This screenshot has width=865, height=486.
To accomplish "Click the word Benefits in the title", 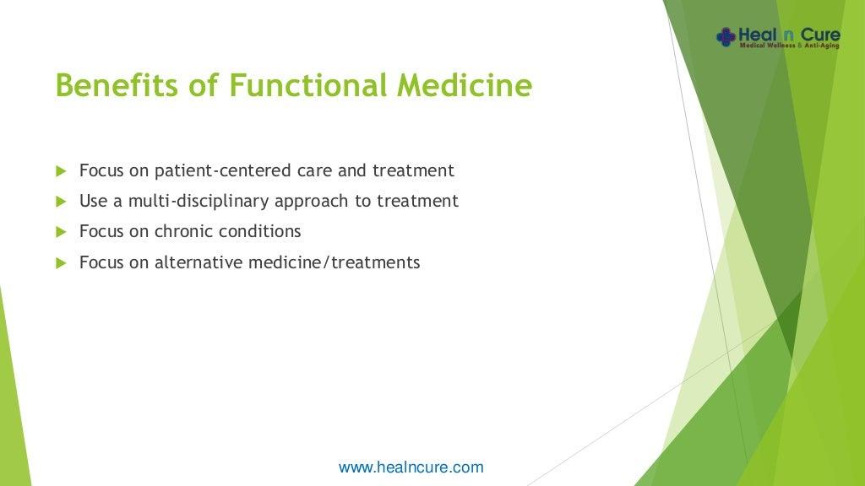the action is click(117, 85).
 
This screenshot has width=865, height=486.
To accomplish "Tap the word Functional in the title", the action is click(307, 85).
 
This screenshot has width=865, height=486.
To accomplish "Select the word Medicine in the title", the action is click(465, 85).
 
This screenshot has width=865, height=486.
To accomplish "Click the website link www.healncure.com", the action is click(411, 467).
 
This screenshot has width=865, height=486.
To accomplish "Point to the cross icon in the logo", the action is click(726, 37).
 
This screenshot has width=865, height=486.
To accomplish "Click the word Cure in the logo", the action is click(820, 35).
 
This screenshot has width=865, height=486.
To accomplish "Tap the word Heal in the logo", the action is click(758, 35).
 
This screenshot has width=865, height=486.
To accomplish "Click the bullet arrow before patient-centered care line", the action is click(61, 171).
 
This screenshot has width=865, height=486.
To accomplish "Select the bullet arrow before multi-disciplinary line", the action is click(61, 202).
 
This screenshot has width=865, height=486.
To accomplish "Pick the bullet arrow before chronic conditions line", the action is click(61, 232).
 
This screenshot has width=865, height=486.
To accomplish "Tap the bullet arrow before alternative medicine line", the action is click(61, 263).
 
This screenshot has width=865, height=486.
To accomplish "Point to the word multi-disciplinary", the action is click(199, 201).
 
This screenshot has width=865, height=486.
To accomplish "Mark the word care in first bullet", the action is click(314, 171).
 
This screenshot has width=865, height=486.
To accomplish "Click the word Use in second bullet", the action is click(93, 201).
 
